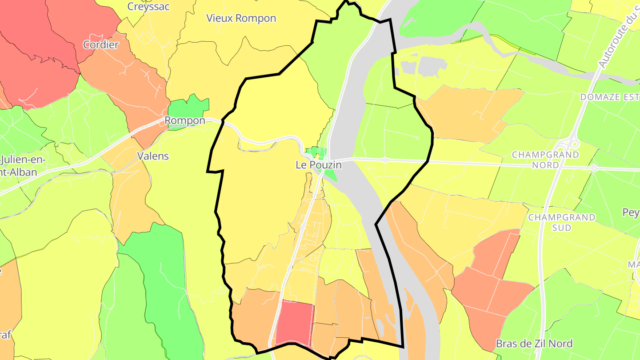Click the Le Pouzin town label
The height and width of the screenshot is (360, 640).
click(319, 165)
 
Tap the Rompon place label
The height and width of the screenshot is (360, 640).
click(185, 120)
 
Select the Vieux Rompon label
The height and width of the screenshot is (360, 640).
click(241, 18)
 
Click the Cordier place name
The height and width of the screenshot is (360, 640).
click(101, 44)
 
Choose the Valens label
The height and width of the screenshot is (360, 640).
click(153, 156)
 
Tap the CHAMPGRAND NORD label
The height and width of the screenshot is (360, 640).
click(545, 160)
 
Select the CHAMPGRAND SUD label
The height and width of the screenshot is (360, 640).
click(562, 222)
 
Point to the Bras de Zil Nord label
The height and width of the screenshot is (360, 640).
click(534, 344)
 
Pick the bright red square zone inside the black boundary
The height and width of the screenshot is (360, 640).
click(295, 323)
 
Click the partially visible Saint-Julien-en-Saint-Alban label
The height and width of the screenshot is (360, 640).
click(18, 165)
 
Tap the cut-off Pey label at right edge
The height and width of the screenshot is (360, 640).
click(631, 212)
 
